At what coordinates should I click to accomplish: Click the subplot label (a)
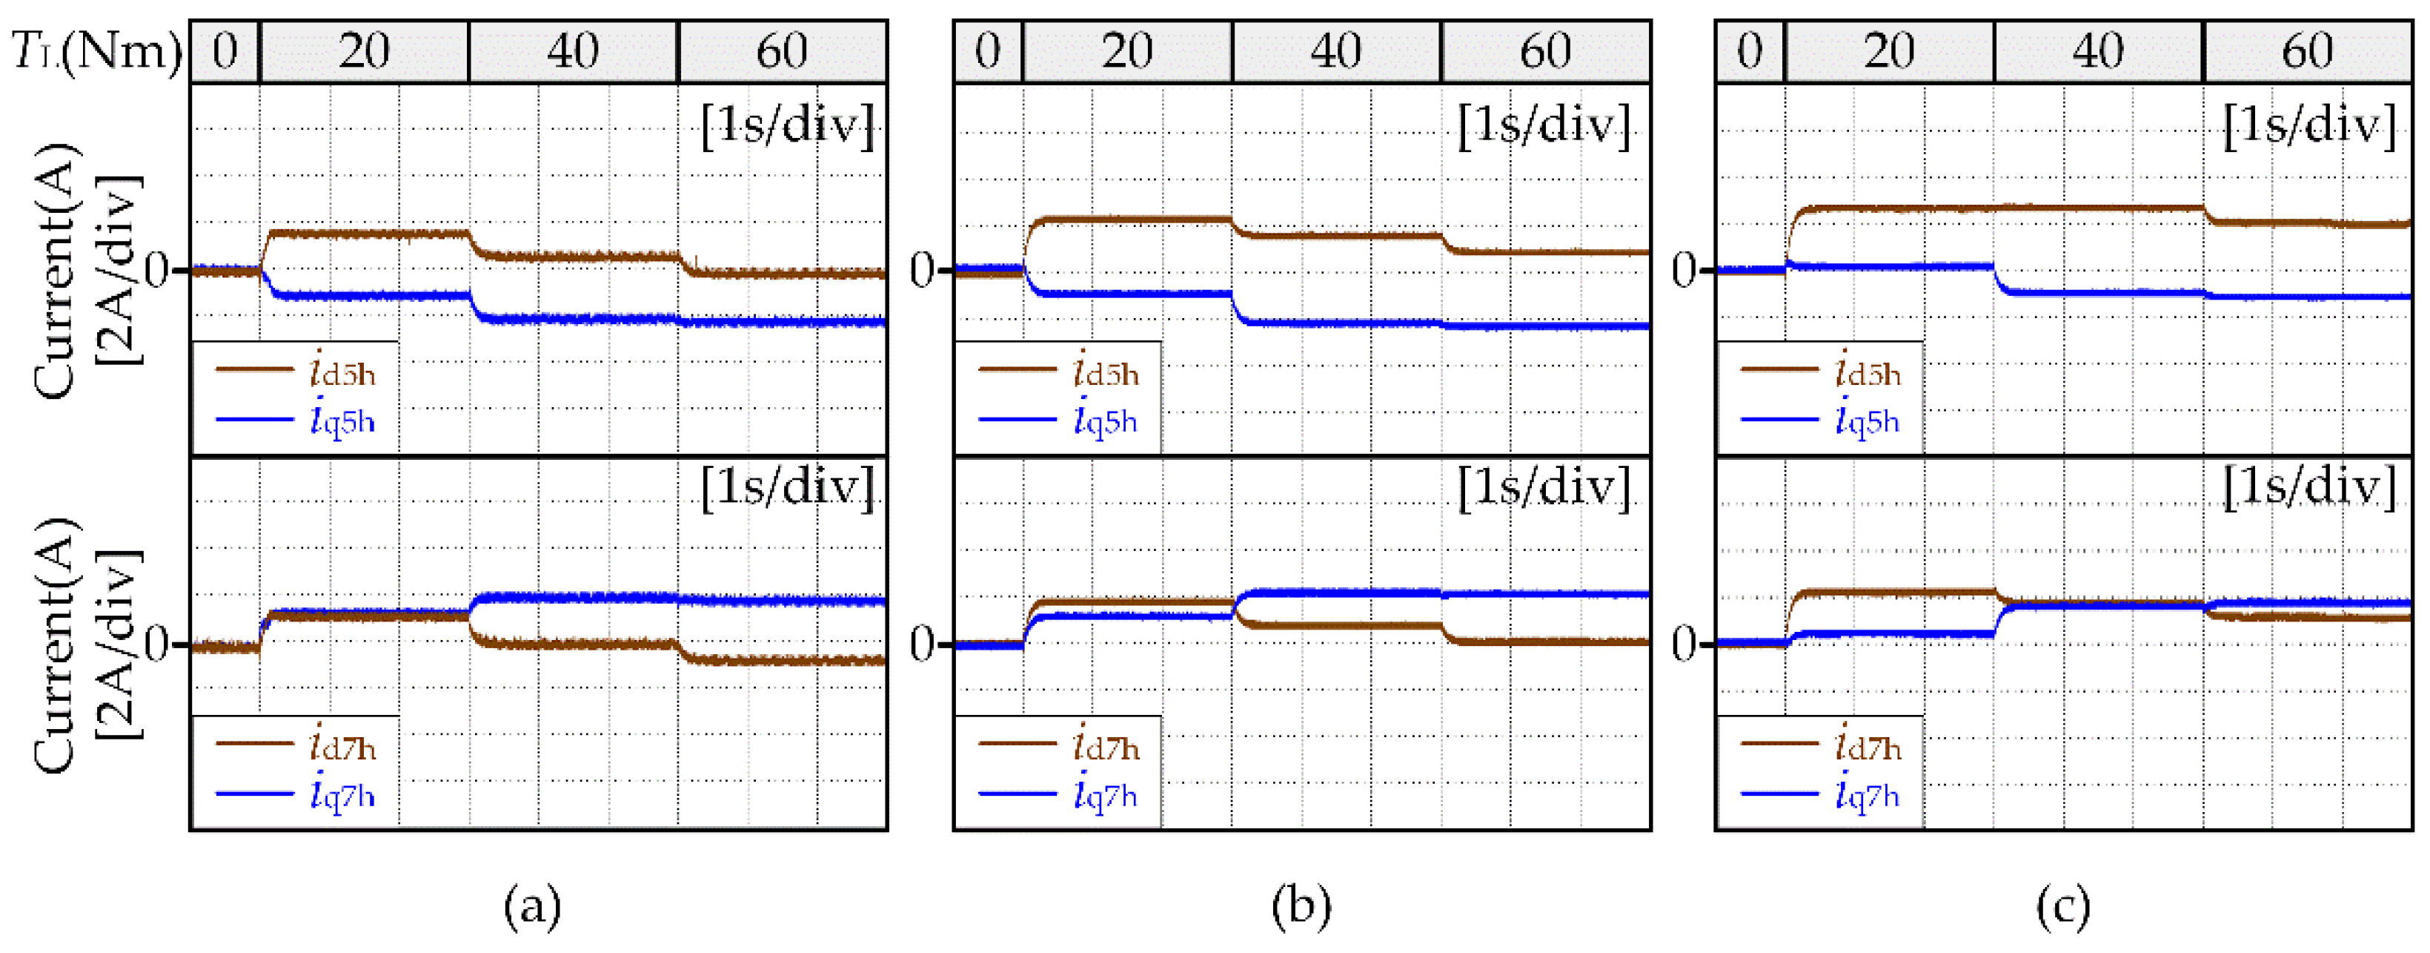tap(533, 907)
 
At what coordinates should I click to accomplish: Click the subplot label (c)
tap(2063, 907)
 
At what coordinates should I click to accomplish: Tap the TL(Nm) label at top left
tap(97, 51)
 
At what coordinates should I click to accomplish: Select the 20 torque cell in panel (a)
tap(364, 51)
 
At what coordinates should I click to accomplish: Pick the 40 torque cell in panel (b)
tap(1335, 51)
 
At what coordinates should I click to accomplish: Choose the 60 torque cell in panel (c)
tap(2308, 51)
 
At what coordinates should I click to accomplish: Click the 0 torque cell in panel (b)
tap(988, 51)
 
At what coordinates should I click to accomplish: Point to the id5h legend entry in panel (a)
tap(297, 371)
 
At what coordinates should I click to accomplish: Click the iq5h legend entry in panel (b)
tap(1059, 418)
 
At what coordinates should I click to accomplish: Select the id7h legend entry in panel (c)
tap(1821, 745)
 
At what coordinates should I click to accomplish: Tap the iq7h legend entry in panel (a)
tap(297, 794)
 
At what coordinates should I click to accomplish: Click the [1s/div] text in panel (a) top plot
tap(788, 124)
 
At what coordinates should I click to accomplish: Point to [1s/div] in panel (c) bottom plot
tap(2309, 488)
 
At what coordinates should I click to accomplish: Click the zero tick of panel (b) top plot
tap(922, 271)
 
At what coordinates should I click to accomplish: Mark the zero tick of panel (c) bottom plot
tap(1684, 644)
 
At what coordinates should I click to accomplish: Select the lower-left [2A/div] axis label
tap(122, 644)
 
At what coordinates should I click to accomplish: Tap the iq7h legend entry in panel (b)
tap(1059, 794)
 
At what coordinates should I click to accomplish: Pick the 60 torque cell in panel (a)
tap(782, 51)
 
